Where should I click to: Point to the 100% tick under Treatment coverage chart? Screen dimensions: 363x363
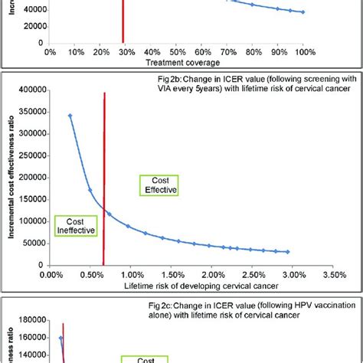[x=304, y=52]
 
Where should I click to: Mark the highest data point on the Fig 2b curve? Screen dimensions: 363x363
[x=70, y=116]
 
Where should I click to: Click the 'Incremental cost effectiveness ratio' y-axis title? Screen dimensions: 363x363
[x=11, y=176]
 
